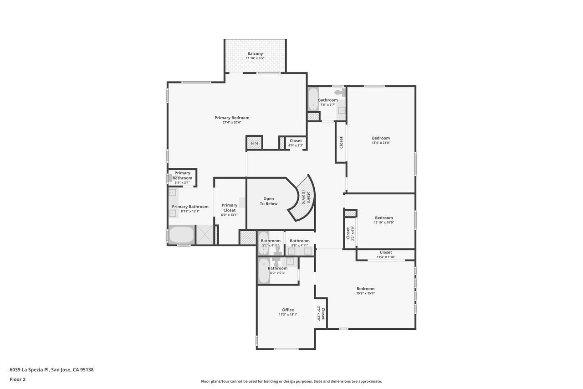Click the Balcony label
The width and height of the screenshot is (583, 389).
coord(255,54)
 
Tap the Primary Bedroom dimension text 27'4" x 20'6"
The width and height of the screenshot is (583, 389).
coord(232,123)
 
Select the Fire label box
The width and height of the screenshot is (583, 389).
coord(255,143)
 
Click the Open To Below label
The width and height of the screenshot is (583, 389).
coord(269,201)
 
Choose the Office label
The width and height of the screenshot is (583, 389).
coord(288,310)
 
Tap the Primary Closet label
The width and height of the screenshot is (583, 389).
coord(229,207)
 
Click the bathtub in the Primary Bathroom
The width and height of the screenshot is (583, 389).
coord(181,235)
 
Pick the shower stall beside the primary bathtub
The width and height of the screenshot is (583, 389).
coord(205,235)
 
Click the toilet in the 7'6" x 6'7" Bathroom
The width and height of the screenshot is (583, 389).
coord(340,92)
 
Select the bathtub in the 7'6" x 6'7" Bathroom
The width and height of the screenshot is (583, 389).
coord(313,99)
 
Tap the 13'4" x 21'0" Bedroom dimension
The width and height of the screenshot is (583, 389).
coord(381,143)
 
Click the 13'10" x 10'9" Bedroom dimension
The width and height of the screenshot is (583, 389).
coord(384,223)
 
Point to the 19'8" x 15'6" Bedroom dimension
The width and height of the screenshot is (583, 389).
coord(365,293)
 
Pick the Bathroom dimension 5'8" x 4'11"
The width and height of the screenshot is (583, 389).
coord(300,245)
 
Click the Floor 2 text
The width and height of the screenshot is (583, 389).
coord(18,379)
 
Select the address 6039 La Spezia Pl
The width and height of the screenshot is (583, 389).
coord(30,370)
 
